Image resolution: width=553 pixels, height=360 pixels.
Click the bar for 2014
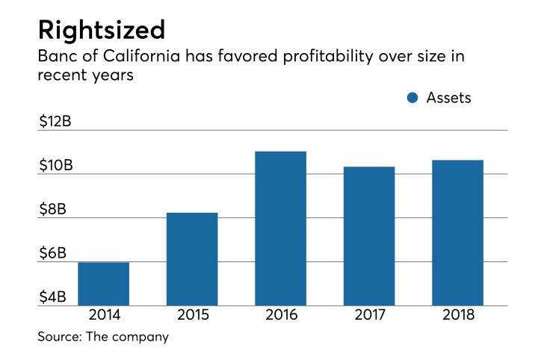[x=103, y=284]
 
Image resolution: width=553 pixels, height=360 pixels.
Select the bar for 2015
[x=192, y=259]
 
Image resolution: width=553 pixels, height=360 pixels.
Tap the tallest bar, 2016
[x=280, y=229]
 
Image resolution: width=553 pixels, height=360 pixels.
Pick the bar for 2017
[x=369, y=236]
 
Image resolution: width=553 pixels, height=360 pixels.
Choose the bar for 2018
[x=457, y=233]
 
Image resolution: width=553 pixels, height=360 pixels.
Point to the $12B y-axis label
[x=55, y=122]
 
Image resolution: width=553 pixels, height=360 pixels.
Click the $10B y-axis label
[x=55, y=166]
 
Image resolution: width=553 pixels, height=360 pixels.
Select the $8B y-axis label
[x=52, y=210]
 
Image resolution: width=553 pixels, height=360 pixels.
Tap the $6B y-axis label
[x=52, y=254]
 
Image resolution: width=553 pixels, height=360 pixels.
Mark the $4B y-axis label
[x=52, y=297]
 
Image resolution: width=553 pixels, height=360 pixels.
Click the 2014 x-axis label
[x=103, y=316]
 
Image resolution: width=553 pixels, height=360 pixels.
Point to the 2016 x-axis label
[x=280, y=316]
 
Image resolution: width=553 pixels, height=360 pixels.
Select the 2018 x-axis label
[x=457, y=316]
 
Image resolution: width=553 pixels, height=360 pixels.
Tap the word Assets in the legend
[x=448, y=98]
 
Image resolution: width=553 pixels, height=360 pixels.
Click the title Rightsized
[x=100, y=31]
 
